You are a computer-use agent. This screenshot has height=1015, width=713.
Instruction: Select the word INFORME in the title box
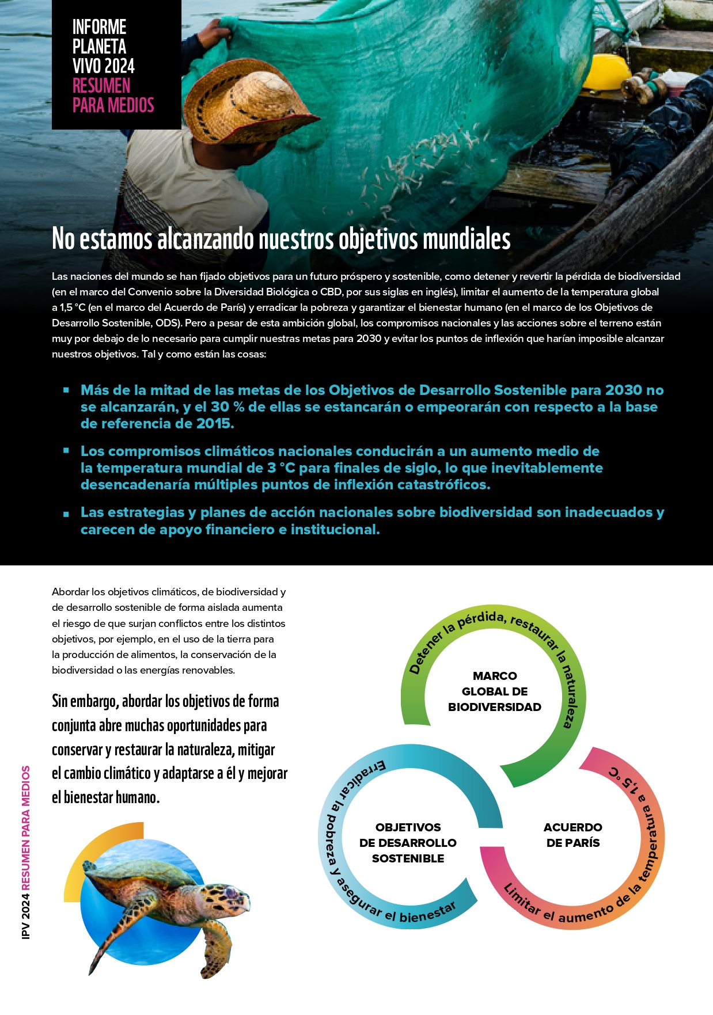pos(99,27)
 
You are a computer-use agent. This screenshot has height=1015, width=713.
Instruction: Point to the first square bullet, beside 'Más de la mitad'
pos(66,390)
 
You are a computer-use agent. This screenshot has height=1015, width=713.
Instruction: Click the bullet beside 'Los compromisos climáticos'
pos(66,451)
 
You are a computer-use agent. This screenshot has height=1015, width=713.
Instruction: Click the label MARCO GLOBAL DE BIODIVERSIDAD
pos(495,691)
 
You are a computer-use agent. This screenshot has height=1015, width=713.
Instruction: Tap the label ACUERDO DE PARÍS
pos(572,835)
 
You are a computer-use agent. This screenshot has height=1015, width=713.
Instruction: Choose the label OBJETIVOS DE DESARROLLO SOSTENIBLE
pos(408,843)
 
